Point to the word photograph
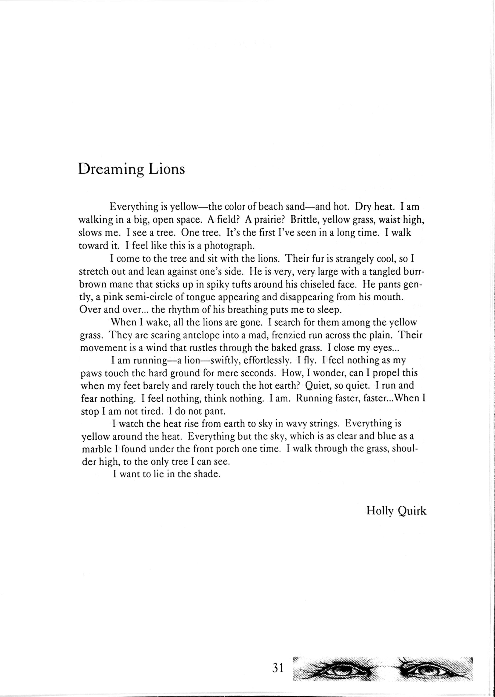227,246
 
